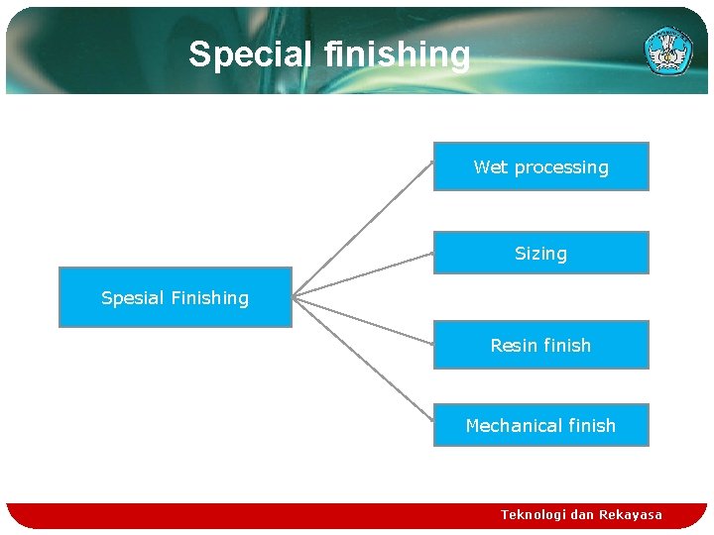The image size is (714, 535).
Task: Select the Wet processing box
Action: (540, 166)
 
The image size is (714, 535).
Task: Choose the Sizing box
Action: (540, 253)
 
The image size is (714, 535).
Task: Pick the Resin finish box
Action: (540, 345)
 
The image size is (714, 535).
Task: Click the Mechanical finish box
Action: (540, 425)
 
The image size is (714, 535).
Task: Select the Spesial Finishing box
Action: (176, 297)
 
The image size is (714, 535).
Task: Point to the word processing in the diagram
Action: (560, 167)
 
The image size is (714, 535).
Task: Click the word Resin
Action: (513, 345)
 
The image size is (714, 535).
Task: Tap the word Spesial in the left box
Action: (132, 297)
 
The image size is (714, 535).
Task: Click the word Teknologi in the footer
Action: (533, 514)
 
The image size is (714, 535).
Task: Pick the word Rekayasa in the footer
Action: (630, 514)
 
